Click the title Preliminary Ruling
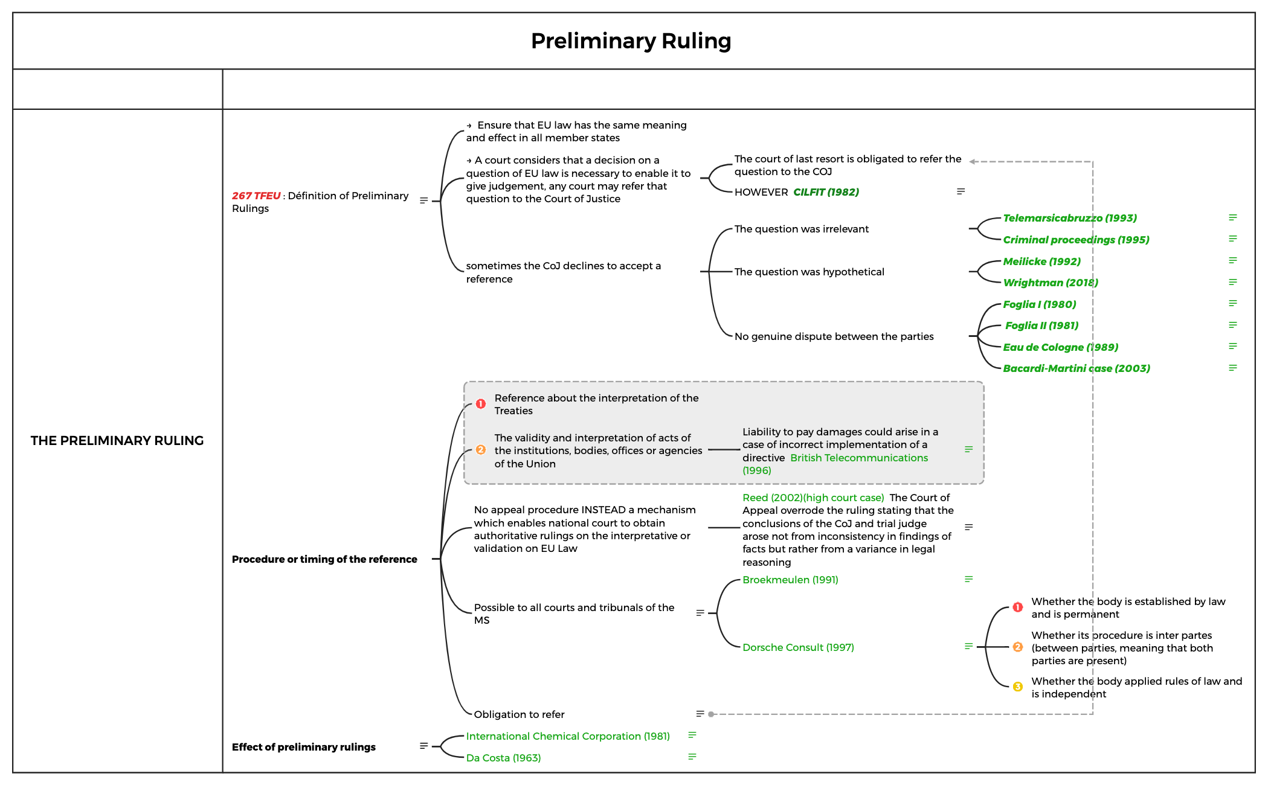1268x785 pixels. click(631, 41)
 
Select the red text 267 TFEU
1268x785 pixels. click(256, 196)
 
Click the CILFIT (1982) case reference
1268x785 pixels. click(826, 192)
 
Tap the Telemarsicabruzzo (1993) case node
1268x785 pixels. click(1069, 218)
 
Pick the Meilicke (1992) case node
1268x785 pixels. click(1041, 261)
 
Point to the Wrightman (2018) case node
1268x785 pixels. click(1050, 283)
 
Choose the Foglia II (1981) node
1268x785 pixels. click(1041, 325)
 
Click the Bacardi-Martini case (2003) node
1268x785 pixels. click(1076, 368)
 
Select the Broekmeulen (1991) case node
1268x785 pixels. click(790, 580)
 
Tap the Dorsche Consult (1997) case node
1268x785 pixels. click(798, 647)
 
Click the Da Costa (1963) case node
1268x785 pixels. click(503, 758)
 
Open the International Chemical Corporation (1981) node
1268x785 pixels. click(568, 736)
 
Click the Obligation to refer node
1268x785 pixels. click(519, 714)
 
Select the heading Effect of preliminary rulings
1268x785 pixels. click(303, 747)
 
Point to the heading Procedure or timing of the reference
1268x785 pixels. click(324, 559)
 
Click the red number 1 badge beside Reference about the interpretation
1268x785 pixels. click(481, 404)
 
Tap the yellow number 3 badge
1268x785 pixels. click(1018, 687)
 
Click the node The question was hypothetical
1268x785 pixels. click(809, 272)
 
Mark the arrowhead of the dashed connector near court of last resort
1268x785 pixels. click(973, 161)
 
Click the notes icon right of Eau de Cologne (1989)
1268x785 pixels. click(1233, 346)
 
